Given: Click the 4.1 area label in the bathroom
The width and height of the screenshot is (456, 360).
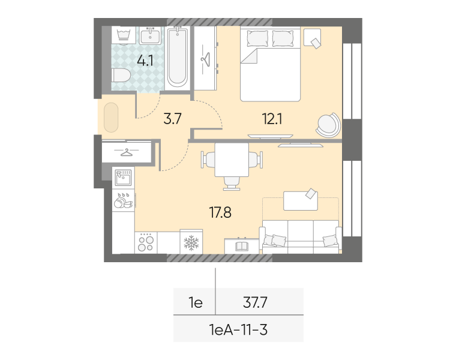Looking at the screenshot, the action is (145, 61).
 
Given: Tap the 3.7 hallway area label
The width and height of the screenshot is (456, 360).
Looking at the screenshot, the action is (172, 119).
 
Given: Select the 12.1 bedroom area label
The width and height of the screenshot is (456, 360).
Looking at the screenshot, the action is (272, 119).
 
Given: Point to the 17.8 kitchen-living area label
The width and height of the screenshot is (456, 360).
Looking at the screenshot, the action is (220, 212).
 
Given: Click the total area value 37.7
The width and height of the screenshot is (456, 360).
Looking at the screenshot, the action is (255, 302).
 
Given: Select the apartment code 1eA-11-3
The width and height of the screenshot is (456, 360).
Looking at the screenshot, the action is (238, 330).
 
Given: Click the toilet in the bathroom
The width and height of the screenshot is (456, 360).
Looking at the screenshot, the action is (121, 76).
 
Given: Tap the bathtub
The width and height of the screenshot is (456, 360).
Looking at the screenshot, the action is (177, 57).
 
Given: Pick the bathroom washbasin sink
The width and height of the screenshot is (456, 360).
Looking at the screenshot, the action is (150, 35).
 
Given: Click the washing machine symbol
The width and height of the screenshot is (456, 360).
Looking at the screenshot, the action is (124, 35).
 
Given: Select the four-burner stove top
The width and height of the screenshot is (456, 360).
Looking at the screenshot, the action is (146, 243).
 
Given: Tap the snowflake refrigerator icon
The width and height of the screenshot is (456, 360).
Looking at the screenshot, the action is (191, 242).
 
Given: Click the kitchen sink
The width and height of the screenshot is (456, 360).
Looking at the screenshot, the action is (124, 178).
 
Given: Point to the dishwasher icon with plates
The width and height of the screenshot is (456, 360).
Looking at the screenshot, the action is (124, 200).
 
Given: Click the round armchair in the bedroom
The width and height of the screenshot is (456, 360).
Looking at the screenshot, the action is (328, 125).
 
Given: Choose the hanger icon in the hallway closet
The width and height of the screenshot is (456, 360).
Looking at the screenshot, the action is (127, 152).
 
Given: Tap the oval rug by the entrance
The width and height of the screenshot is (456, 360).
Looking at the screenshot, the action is (111, 118).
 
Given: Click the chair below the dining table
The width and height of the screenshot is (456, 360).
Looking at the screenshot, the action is (232, 184).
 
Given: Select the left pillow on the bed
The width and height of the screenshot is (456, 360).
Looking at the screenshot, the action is (257, 38).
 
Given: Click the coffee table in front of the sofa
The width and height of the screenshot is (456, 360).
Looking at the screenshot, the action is (301, 200).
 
